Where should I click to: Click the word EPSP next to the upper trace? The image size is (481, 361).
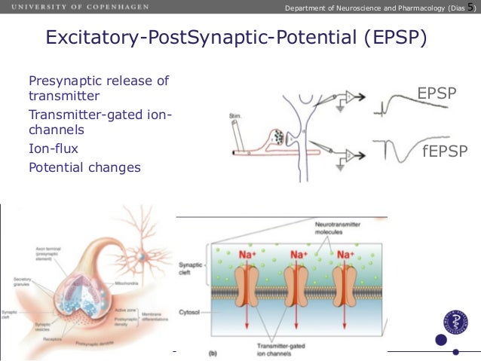pos(437,93)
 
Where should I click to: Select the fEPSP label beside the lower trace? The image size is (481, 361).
pos(445,151)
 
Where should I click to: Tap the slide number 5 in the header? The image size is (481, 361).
pos(471,7)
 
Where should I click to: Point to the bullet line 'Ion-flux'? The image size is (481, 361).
pos(54,149)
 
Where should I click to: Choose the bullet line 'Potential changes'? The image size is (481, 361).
pos(84,167)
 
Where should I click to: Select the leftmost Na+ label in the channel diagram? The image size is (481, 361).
pos(250,255)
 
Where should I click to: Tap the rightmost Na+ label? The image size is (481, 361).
pos(346,255)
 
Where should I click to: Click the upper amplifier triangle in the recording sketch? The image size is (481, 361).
pos(348,97)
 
